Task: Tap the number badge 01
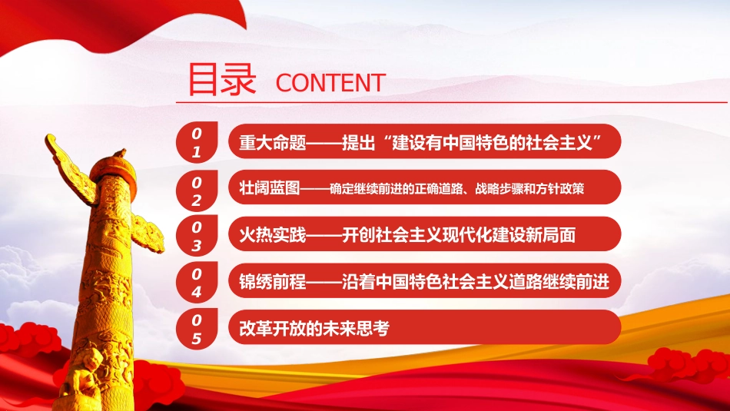point(197,143)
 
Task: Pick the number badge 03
point(197,236)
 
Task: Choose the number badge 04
point(197,282)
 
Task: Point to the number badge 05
point(197,328)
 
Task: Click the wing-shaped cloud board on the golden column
point(69,165)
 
